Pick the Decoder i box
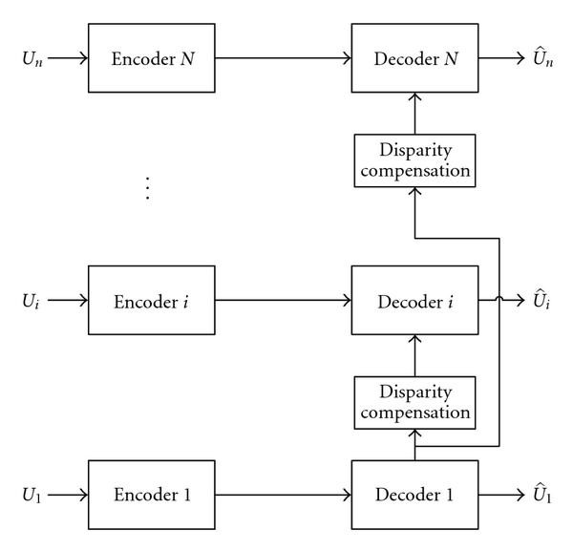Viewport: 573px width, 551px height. coord(414,301)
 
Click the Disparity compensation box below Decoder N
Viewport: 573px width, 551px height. coord(414,159)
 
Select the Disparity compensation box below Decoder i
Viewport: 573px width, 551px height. coord(414,402)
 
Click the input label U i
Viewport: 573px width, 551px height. coord(32,302)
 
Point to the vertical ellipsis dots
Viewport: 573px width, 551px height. coord(147,187)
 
